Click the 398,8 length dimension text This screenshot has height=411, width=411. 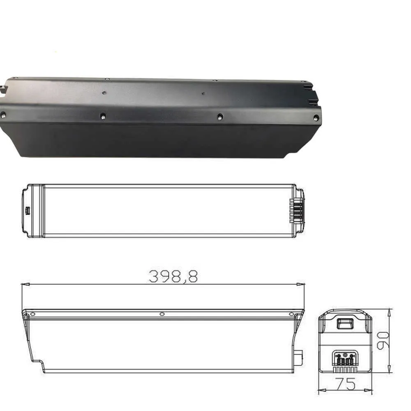173,277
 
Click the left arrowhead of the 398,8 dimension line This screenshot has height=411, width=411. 24,284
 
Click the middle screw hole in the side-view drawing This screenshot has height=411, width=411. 162,314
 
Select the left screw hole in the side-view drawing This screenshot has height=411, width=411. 32,314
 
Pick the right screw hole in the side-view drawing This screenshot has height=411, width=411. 291,314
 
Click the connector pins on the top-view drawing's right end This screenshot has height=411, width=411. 297,211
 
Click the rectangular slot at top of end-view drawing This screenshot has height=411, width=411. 344,323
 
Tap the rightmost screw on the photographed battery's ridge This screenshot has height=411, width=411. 316,118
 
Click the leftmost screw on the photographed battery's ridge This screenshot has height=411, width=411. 3,115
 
